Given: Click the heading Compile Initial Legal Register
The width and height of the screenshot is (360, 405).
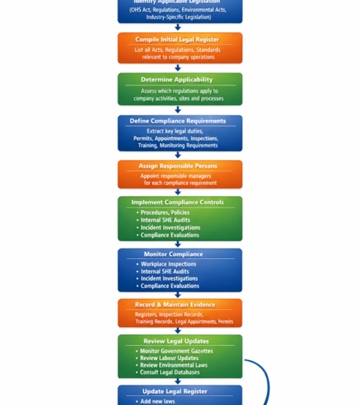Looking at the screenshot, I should (177, 39).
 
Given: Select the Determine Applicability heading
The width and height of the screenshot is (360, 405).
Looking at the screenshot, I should (177, 79).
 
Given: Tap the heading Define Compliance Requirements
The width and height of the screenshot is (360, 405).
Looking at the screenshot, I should (178, 121).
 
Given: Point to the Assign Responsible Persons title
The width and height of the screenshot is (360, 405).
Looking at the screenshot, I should (178, 166).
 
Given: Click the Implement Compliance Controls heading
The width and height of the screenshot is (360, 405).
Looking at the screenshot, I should (178, 202).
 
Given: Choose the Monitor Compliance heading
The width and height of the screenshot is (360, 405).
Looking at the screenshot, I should (173, 254).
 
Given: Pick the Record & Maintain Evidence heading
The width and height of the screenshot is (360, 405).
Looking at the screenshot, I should (175, 304).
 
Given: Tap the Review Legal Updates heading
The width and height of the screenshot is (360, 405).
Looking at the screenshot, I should (176, 341).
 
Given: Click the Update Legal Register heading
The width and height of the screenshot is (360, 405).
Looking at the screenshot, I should (175, 391).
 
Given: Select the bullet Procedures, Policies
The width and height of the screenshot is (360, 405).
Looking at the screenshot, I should (165, 212).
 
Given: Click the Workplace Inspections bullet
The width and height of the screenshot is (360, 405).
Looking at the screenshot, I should (169, 264).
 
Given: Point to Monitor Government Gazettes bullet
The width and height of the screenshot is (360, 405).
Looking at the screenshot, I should (176, 351).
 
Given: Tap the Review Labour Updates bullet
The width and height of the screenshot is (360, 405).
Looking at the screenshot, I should (169, 358).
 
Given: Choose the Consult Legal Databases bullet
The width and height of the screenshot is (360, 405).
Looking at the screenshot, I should (169, 372).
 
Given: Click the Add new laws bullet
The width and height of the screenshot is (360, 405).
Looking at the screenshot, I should (157, 401).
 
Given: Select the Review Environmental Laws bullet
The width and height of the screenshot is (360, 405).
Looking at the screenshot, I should (173, 365).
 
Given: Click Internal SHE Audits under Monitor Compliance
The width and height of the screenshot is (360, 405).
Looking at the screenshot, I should (165, 271).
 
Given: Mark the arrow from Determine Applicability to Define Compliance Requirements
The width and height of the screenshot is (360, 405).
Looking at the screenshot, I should (178, 109).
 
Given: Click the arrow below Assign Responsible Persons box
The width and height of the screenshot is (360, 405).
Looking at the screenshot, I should (178, 192).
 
